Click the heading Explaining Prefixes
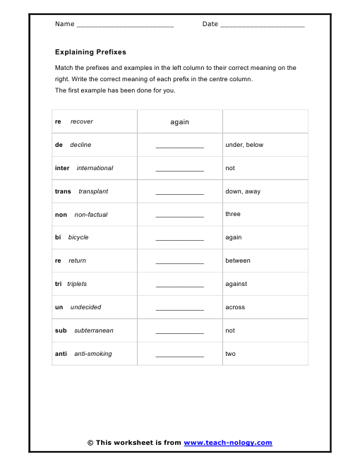(90, 52)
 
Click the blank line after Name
(124, 25)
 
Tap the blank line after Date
(262, 25)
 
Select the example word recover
(82, 121)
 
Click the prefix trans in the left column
(63, 191)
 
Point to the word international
(95, 168)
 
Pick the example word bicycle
(78, 237)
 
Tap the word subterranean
(94, 330)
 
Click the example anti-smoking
(93, 354)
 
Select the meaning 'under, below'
(244, 145)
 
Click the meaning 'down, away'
(243, 191)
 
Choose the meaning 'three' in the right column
(233, 214)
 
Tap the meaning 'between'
(238, 261)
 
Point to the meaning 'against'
(236, 284)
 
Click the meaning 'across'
(235, 307)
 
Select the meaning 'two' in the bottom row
(230, 354)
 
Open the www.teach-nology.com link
(228, 443)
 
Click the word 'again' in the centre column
(180, 122)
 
